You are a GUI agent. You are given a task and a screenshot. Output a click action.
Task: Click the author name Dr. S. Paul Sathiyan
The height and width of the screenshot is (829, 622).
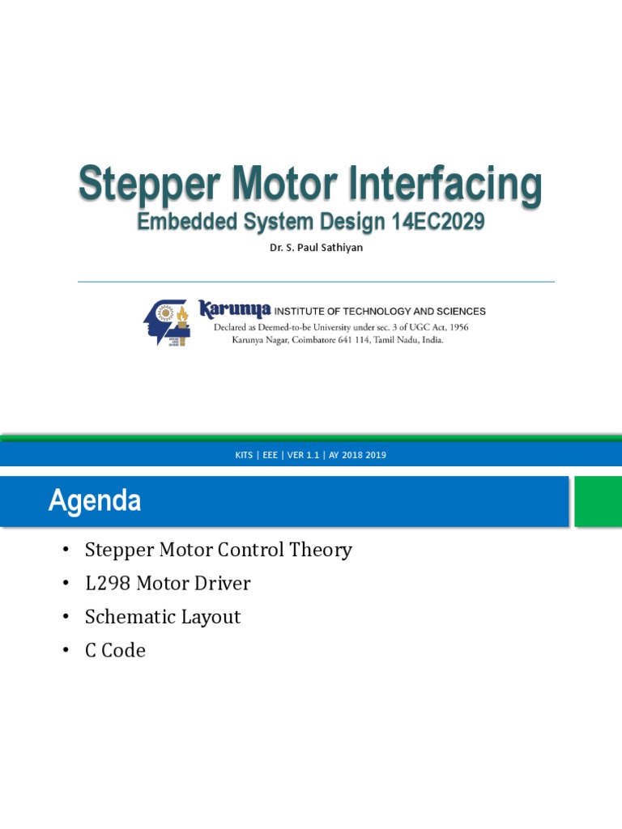click(x=316, y=248)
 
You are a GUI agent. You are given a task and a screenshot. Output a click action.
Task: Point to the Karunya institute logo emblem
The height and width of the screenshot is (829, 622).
click(x=166, y=322)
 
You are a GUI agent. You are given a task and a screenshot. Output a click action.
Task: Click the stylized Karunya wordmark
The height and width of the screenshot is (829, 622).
click(x=235, y=309)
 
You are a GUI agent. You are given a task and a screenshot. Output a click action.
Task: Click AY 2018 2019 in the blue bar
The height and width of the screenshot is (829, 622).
click(x=357, y=455)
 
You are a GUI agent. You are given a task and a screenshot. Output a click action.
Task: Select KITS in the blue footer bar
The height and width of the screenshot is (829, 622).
click(x=245, y=455)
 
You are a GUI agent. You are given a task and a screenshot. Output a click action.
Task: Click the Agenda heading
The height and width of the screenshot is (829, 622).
click(x=95, y=501)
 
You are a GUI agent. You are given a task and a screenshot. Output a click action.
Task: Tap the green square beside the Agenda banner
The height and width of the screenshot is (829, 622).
click(x=598, y=500)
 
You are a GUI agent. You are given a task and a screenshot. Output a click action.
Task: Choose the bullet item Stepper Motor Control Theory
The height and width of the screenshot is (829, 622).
click(x=218, y=551)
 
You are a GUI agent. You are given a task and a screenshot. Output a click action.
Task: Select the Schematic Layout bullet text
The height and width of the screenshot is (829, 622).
click(x=163, y=617)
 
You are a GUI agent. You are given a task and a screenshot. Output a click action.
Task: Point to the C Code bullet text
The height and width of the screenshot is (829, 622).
click(x=115, y=650)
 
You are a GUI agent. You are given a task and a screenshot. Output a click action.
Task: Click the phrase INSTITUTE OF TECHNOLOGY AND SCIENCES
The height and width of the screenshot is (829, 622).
click(x=381, y=311)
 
